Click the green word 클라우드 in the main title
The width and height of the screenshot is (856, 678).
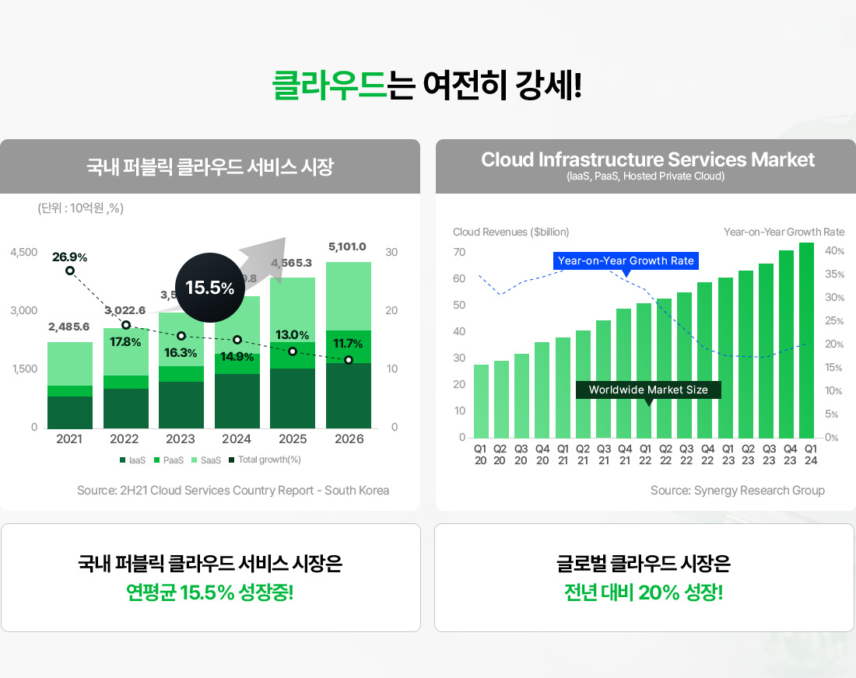click(329, 85)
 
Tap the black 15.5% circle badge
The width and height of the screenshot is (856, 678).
click(209, 288)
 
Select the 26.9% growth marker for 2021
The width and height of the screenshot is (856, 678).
click(70, 270)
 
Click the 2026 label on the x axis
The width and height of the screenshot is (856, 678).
click(349, 439)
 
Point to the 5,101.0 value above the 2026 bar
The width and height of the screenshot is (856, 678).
click(347, 246)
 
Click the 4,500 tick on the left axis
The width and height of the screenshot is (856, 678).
click(23, 253)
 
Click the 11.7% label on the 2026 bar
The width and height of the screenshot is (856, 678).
click(348, 343)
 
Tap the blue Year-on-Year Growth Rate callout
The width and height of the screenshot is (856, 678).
click(626, 260)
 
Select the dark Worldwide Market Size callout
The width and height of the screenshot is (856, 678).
click(648, 390)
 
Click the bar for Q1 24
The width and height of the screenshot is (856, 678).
click(806, 340)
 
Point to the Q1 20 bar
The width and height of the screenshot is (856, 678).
click(481, 400)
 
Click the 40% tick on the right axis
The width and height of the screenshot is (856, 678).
click(834, 250)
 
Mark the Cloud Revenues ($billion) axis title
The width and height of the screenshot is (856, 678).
click(510, 232)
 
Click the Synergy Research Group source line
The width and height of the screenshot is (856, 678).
click(737, 490)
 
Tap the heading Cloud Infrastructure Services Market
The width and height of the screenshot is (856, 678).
click(647, 160)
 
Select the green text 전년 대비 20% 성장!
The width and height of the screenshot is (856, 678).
click(644, 593)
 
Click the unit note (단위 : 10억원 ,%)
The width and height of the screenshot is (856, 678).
click(81, 208)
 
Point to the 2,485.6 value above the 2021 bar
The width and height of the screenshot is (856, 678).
click(68, 327)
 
